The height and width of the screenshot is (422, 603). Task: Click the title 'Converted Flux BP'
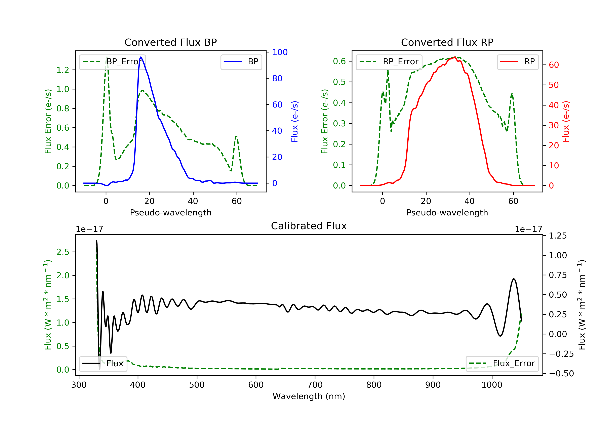[170, 42]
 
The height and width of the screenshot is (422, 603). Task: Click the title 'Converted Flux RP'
[447, 42]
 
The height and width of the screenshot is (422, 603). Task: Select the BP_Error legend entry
[112, 62]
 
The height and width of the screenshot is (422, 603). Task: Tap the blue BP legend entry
[241, 62]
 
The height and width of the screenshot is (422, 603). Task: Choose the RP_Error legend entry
[389, 62]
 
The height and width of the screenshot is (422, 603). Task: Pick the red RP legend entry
[518, 62]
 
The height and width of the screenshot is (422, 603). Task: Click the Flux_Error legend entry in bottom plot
[502, 364]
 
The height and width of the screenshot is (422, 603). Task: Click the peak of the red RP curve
[455, 57]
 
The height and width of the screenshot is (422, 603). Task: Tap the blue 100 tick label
[280, 52]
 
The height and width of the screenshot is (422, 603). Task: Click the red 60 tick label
[554, 65]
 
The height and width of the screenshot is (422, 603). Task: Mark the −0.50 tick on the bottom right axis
[561, 373]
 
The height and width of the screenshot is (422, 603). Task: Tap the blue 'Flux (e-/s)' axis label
[295, 121]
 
